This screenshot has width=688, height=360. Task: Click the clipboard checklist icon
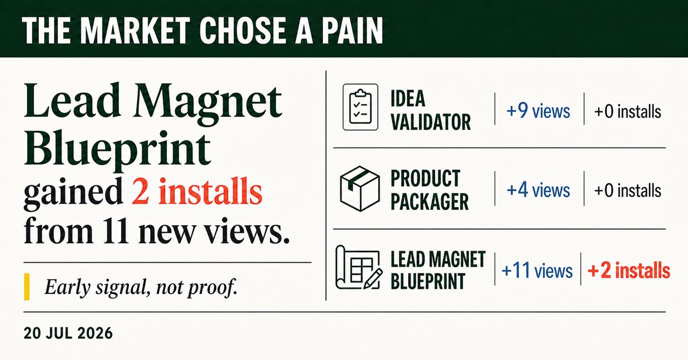[x=360, y=107]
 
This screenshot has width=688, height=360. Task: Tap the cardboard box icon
[x=359, y=189]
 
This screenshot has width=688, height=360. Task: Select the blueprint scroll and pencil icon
[x=359, y=268]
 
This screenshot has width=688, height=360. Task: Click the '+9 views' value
[x=538, y=111]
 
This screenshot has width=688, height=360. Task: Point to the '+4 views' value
[x=538, y=190]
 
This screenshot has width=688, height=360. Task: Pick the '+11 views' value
[x=537, y=271]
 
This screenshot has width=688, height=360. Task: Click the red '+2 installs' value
[x=629, y=271]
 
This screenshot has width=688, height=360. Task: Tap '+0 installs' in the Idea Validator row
[x=627, y=111]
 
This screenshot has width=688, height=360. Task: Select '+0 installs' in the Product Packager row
[x=627, y=190]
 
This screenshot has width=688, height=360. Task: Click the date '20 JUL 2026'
[x=68, y=333]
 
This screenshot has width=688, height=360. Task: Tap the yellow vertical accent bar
[x=27, y=287]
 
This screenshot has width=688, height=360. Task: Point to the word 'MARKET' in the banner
[x=136, y=30]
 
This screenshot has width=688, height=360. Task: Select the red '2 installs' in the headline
[x=197, y=191]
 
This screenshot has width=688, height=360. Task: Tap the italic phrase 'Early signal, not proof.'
[x=141, y=287]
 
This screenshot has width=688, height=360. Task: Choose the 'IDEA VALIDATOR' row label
[x=431, y=110]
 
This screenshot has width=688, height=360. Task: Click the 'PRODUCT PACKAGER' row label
[x=429, y=190]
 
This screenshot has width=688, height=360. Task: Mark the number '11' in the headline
[x=115, y=230]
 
